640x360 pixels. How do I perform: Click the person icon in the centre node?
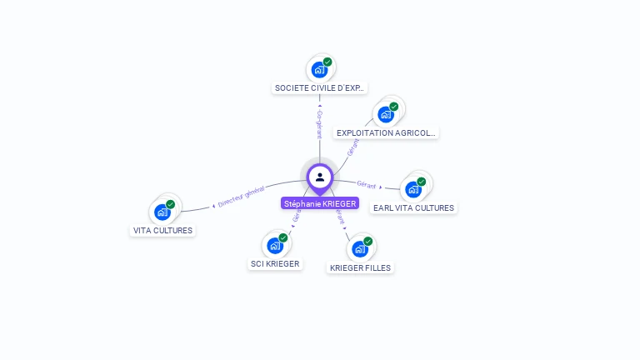[320, 177]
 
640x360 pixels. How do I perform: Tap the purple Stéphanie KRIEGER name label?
[320, 203]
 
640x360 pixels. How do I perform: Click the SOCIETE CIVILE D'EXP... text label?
[320, 87]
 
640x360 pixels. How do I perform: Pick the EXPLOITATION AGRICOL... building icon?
[385, 114]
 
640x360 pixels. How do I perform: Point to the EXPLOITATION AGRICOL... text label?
[385, 132]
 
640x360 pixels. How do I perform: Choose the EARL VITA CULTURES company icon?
[412, 189]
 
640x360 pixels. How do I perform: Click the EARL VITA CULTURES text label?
[413, 207]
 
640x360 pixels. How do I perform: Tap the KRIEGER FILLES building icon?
[359, 248]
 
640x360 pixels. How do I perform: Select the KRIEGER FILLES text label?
[360, 267]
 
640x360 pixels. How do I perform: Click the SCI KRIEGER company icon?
[275, 246]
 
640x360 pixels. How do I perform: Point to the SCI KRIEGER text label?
[275, 264]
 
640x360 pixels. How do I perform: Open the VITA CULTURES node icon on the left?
[162, 212]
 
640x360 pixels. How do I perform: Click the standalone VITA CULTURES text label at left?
[162, 230]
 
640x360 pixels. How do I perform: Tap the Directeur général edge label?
[241, 197]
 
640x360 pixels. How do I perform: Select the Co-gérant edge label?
[319, 122]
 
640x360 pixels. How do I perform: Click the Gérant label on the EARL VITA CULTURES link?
[366, 183]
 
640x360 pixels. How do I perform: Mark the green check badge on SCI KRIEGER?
[283, 237]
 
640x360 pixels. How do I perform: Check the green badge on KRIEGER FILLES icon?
[367, 241]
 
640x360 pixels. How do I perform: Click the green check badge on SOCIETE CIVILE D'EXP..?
[327, 62]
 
